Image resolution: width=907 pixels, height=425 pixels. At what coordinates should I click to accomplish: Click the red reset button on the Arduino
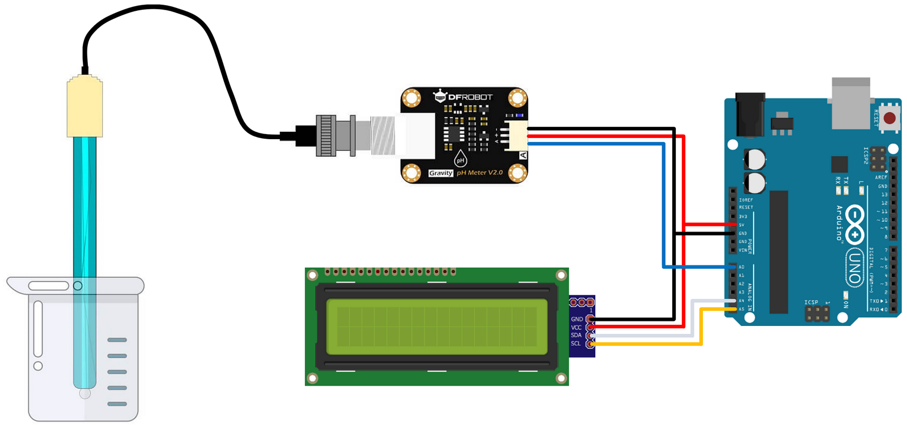click(x=889, y=118)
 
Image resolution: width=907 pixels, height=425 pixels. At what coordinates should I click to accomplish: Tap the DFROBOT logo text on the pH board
click(x=470, y=97)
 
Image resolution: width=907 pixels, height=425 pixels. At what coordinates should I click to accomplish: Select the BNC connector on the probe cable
click(x=335, y=136)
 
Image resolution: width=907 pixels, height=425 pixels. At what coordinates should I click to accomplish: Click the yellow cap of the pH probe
click(x=84, y=108)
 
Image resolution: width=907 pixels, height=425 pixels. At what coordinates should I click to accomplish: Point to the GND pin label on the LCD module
click(x=577, y=319)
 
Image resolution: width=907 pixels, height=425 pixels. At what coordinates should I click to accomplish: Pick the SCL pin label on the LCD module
click(x=576, y=344)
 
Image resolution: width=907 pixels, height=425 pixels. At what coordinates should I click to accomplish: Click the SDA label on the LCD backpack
click(x=576, y=336)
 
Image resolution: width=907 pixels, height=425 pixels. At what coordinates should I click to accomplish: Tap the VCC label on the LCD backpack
click(x=576, y=328)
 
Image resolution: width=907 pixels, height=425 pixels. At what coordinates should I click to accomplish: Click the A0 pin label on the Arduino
click(x=741, y=267)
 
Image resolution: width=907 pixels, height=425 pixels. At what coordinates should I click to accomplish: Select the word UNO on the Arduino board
click(x=854, y=269)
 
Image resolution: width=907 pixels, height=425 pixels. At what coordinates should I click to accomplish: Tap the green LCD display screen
click(x=436, y=326)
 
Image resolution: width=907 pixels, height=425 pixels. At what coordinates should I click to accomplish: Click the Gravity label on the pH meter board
click(x=440, y=173)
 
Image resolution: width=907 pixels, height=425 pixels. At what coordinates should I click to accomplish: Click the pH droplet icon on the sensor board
click(x=460, y=159)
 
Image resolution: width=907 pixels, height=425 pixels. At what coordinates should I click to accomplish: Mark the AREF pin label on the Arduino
click(x=881, y=178)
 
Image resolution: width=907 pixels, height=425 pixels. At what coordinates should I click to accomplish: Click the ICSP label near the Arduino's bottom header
click(x=811, y=303)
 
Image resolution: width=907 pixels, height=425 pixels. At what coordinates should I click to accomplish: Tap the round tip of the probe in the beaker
click(x=85, y=392)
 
